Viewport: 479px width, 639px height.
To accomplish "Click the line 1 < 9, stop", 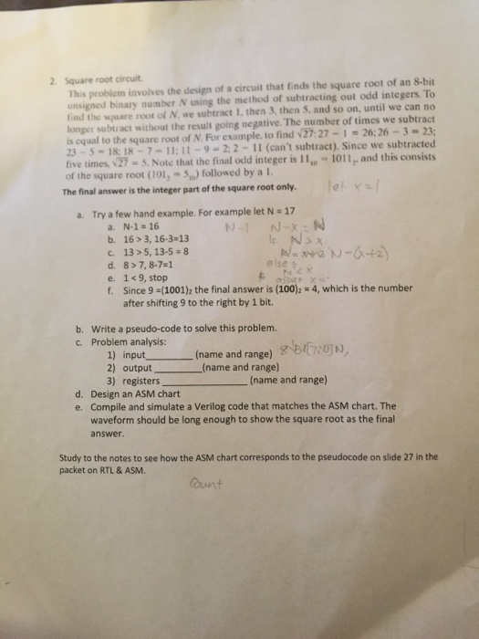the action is click(x=144, y=278).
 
